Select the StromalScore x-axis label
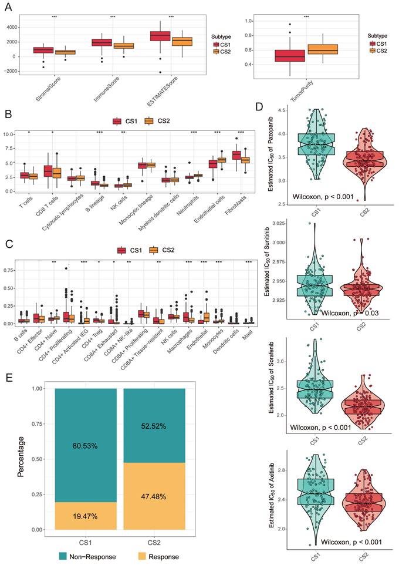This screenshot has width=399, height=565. pos(43,89)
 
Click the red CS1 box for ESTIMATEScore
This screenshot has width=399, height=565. pos(160,36)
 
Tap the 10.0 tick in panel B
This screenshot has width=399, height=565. pos(9,134)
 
